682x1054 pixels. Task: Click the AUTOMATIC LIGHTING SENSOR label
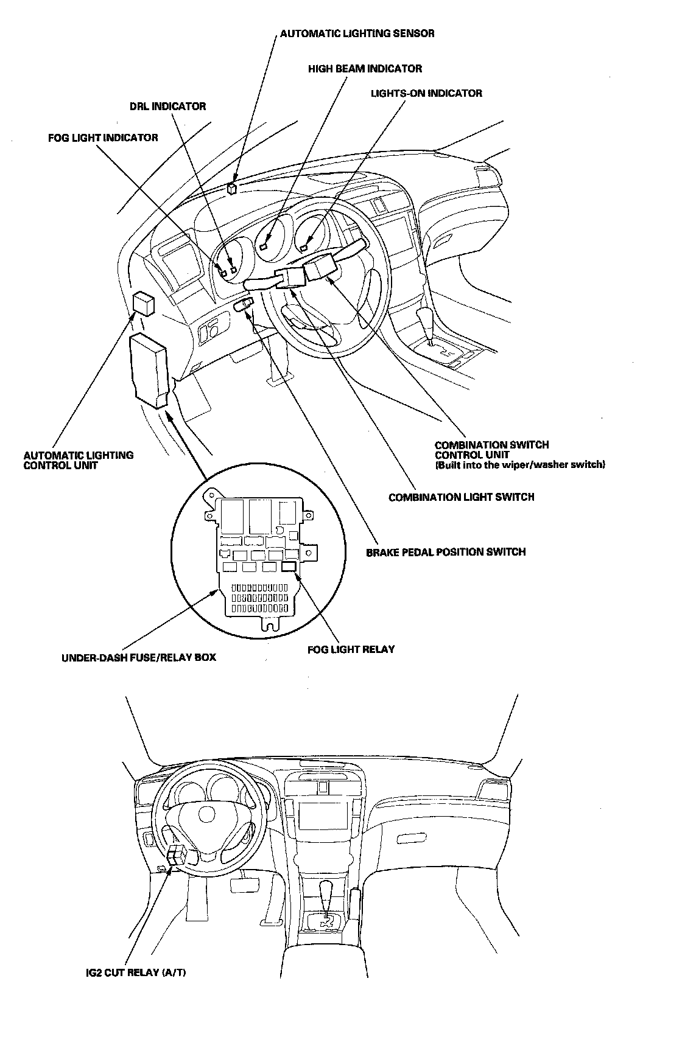click(x=357, y=33)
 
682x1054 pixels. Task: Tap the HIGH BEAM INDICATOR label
click(x=365, y=69)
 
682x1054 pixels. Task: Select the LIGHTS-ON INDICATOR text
click(x=426, y=93)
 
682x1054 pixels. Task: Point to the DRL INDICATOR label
click(x=167, y=106)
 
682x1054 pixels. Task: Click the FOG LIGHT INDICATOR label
click(x=103, y=138)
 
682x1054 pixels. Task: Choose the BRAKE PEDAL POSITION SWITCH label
click(x=445, y=552)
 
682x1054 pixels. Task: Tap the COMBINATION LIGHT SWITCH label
click(x=461, y=497)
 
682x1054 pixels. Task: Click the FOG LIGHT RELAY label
click(x=351, y=649)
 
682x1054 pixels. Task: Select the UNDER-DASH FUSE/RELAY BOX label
click(x=139, y=657)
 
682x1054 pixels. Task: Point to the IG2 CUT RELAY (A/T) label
click(x=136, y=972)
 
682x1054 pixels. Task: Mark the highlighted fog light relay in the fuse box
click(x=289, y=567)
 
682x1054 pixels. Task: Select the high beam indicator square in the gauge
click(x=264, y=246)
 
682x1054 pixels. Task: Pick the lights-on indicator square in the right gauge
click(x=303, y=246)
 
